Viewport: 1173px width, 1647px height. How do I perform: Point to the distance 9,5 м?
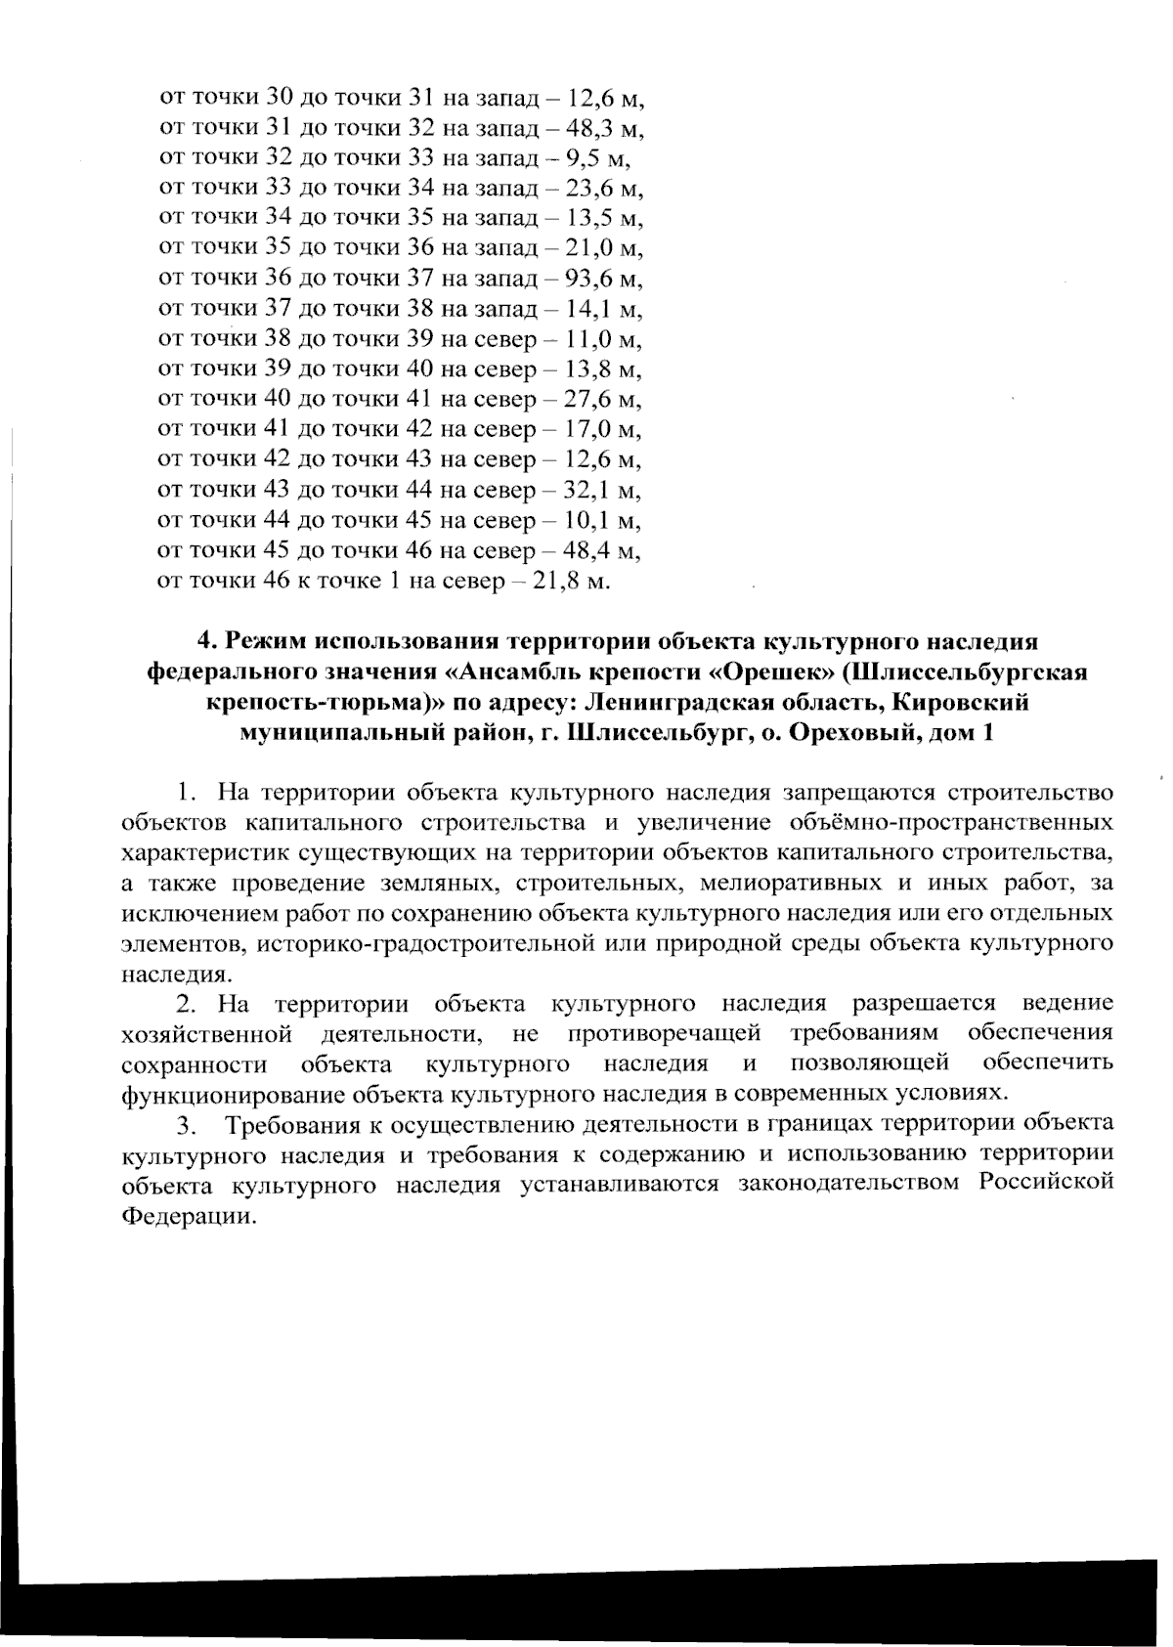tap(600, 158)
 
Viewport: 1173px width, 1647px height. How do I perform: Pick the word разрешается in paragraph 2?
tap(924, 1003)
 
